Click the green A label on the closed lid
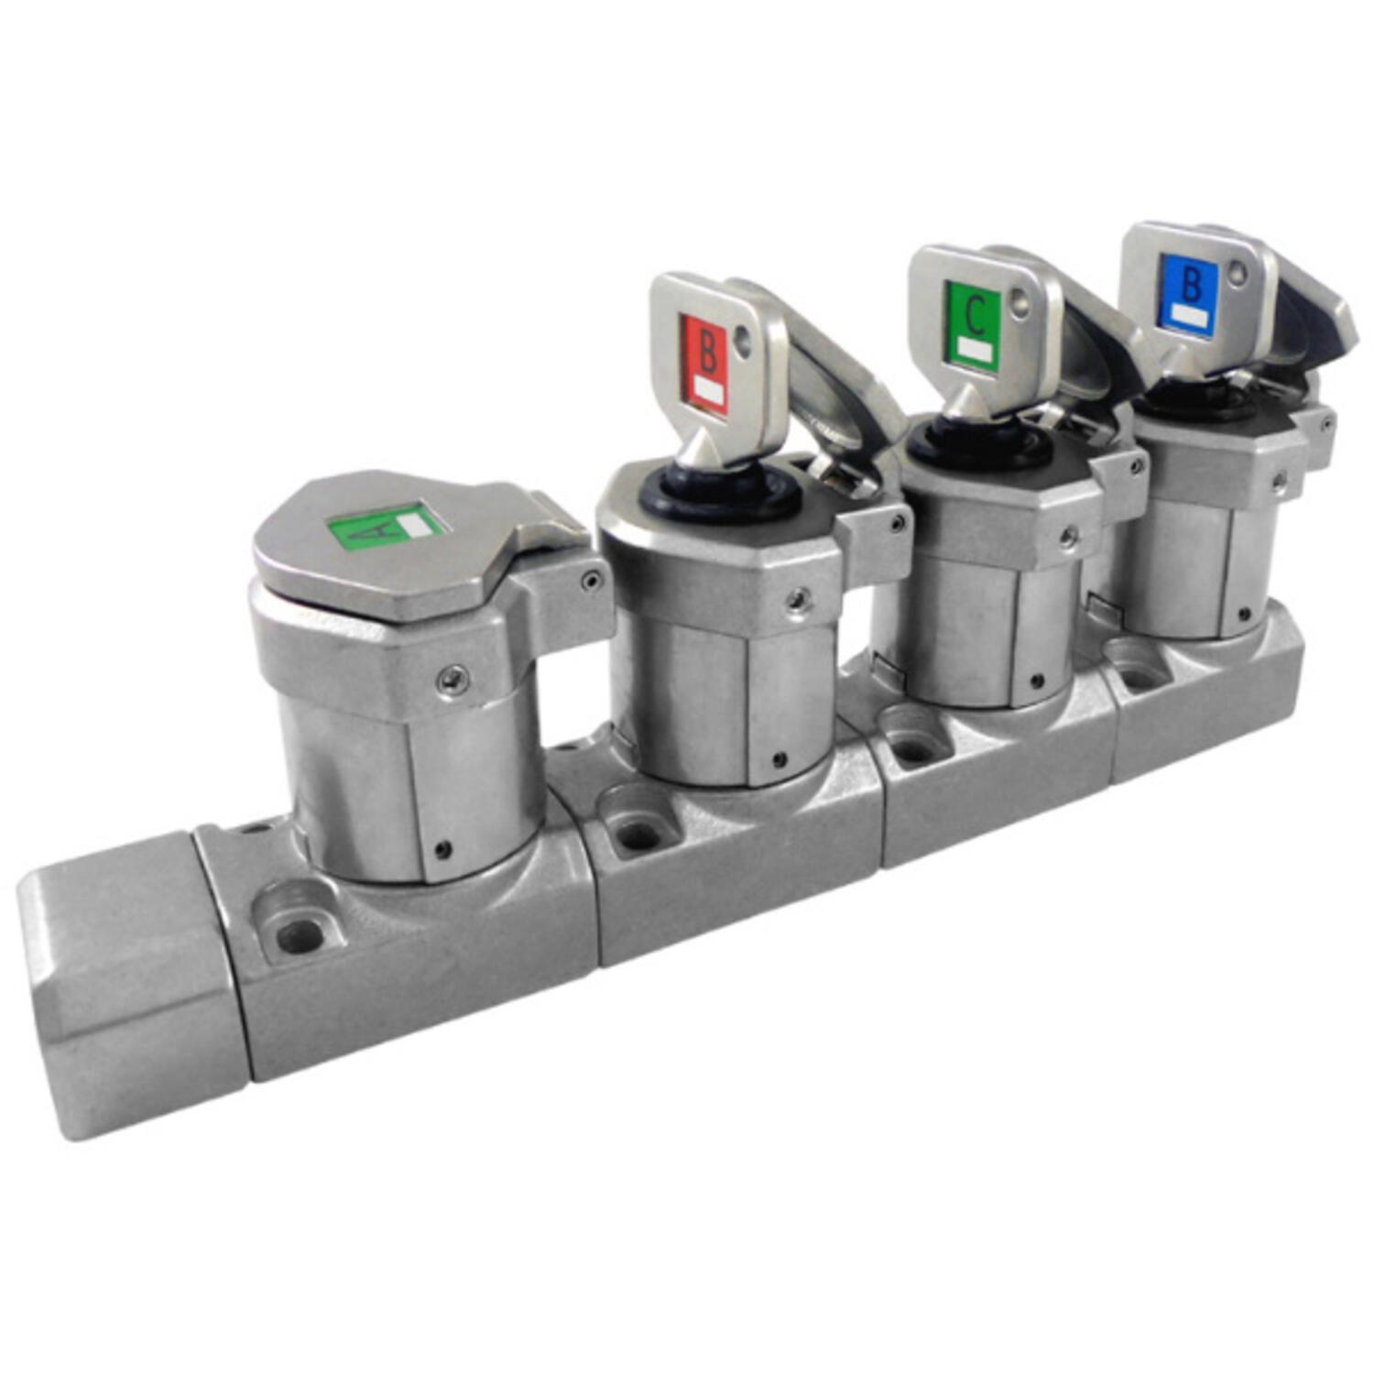[385, 527]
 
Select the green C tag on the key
[973, 326]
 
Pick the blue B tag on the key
[1188, 290]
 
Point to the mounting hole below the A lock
[299, 934]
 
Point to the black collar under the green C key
[980, 444]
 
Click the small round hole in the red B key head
[743, 343]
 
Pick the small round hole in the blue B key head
[1238, 271]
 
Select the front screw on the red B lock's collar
[799, 600]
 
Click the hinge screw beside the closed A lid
[591, 579]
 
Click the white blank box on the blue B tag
[1189, 315]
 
